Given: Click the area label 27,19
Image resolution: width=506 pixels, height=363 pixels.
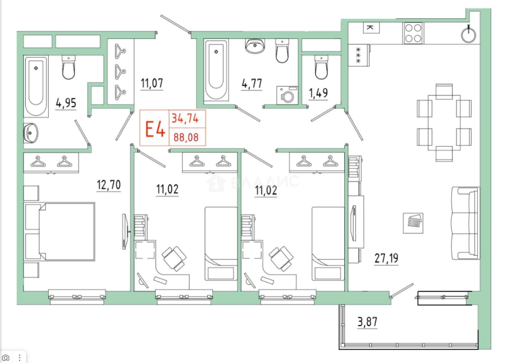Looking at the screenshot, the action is tap(386, 258).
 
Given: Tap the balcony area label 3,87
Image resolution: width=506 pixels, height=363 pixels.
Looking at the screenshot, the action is tap(367, 322).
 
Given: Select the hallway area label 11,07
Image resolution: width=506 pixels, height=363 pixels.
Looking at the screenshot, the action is tap(152, 83).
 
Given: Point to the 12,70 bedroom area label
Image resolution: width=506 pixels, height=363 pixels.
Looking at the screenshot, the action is tap(109, 185).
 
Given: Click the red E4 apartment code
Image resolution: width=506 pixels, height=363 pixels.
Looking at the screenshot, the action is tap(155, 129).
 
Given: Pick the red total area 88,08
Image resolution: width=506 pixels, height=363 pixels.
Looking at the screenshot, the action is tap(186, 137).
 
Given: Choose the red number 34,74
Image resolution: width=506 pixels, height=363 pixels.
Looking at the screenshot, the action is tap(185, 118).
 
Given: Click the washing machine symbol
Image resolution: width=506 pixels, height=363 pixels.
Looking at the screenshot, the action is tap(287, 95).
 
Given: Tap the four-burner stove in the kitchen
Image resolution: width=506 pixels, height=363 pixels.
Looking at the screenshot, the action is tap(413, 33).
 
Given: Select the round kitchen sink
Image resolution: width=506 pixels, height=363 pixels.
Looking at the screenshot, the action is tap(468, 35).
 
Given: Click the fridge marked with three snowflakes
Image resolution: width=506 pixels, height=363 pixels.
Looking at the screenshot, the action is tap(359, 55).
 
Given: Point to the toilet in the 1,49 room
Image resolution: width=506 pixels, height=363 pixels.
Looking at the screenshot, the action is tap(321, 67).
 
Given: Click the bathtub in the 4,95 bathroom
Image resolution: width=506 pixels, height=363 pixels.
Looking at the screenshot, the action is tap(36, 86).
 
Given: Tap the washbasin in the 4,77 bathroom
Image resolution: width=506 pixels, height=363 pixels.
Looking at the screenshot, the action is tap(255, 46).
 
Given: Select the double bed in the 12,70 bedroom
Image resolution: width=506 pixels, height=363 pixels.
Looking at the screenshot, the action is tap(60, 232).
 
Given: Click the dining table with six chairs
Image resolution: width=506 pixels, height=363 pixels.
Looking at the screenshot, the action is tap(444, 122).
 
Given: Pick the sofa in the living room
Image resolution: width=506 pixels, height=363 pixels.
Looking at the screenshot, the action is tap(466, 223).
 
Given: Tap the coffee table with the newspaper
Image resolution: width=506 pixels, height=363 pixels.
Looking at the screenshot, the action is tap(413, 223).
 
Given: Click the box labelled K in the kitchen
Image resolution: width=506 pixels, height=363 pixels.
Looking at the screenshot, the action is tap(371, 28).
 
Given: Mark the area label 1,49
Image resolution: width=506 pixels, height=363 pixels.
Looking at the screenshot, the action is tap(318, 93).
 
